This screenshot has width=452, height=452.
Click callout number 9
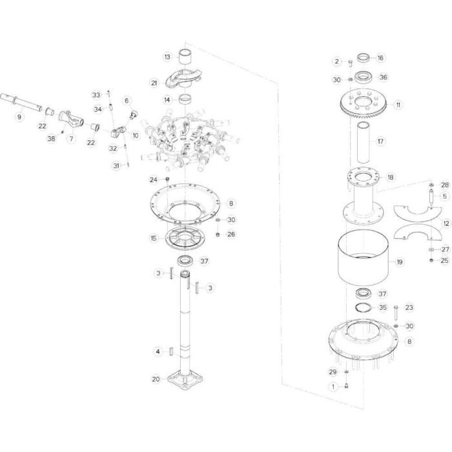tap(19, 117)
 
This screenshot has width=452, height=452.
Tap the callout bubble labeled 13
tap(166, 57)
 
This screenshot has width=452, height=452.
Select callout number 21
tap(154, 83)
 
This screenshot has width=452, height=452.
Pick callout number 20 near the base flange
tap(155, 379)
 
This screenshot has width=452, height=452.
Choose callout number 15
tap(154, 238)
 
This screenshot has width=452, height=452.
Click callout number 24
tap(154, 179)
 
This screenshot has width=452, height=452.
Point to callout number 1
tap(333, 387)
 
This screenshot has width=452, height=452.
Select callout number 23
tap(409, 307)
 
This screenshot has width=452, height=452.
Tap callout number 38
tap(51, 138)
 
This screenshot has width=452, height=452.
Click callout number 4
tap(157, 351)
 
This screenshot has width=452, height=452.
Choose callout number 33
tap(96, 94)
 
